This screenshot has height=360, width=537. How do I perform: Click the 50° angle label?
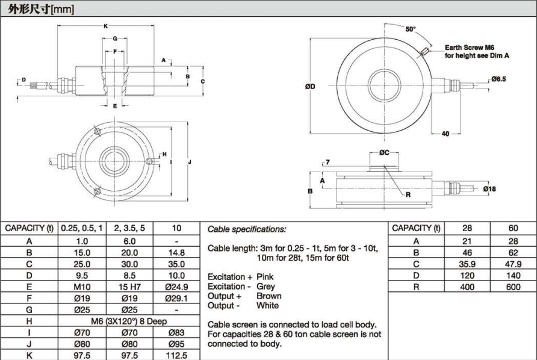pos(410,29)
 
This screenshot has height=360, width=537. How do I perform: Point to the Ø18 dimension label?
pos(489,188)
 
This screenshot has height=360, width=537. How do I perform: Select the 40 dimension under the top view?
pos(445,134)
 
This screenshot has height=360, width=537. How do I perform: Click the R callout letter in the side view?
pos(408,195)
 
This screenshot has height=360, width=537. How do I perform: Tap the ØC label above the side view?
pos(385,153)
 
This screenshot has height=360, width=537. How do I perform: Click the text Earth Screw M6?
pos(470,48)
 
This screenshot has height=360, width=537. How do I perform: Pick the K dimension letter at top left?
pos(106,26)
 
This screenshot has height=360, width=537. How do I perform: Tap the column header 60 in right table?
pos(514,228)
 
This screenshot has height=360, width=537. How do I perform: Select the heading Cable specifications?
pos(246,229)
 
